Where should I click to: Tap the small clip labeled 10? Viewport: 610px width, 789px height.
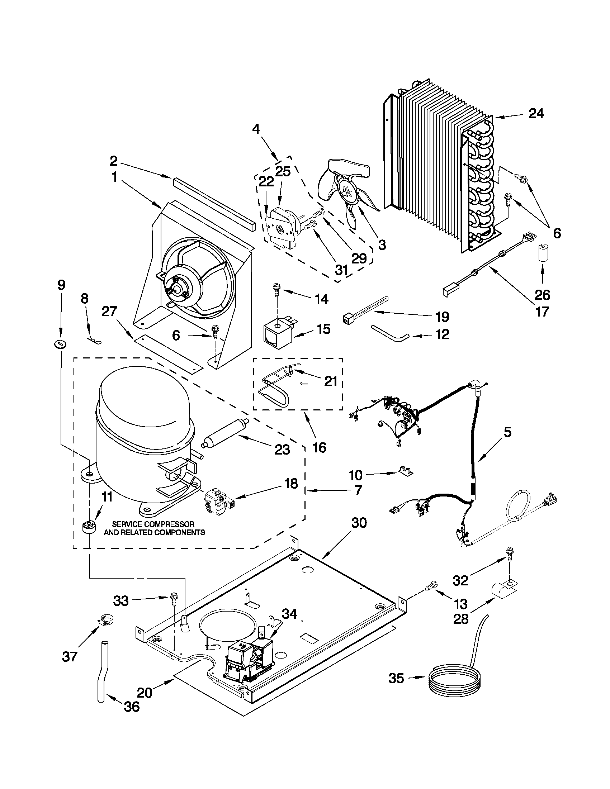407,470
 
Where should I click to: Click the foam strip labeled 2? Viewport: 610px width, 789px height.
214,204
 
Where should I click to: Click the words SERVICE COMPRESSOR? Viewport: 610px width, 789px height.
153,524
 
